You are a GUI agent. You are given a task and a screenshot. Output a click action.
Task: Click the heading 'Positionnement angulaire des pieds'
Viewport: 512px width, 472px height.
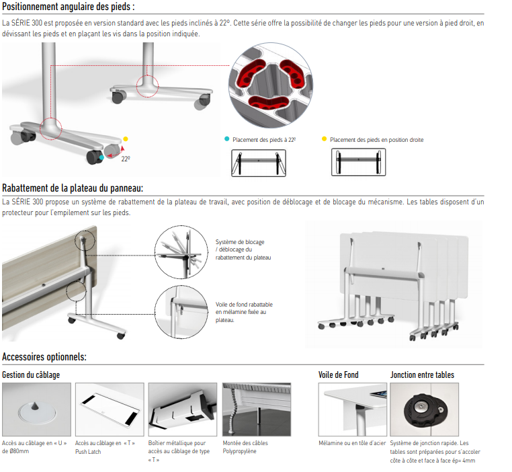point(69,7)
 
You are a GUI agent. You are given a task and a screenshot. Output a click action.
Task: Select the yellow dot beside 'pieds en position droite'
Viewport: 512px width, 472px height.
point(325,139)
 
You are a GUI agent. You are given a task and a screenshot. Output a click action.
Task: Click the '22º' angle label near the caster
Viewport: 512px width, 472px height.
point(125,159)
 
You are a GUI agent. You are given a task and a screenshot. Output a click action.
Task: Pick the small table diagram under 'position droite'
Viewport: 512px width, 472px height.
point(359,162)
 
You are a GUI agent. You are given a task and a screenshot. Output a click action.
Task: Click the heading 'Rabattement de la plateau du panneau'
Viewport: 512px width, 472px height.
point(73,188)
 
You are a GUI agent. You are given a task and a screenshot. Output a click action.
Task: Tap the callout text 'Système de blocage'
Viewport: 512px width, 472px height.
point(240,242)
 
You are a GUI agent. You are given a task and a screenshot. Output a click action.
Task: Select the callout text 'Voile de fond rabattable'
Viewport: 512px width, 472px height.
point(244,304)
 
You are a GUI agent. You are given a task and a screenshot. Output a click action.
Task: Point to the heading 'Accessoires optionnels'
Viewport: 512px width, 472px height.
point(44,357)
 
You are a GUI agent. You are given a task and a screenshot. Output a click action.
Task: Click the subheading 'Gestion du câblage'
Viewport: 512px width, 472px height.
point(30,375)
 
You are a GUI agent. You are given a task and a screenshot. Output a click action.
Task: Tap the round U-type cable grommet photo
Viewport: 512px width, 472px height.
point(36,409)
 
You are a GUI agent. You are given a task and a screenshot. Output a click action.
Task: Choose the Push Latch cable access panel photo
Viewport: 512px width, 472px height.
point(110,409)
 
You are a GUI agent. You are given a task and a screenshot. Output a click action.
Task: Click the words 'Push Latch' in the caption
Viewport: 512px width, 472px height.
point(89,452)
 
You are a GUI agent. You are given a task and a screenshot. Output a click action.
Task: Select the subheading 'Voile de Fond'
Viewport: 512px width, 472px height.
point(339,375)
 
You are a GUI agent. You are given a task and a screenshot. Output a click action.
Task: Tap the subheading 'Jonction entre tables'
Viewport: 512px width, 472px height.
point(422,375)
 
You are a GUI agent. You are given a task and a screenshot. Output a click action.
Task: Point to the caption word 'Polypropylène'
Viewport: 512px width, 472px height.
point(240,452)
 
